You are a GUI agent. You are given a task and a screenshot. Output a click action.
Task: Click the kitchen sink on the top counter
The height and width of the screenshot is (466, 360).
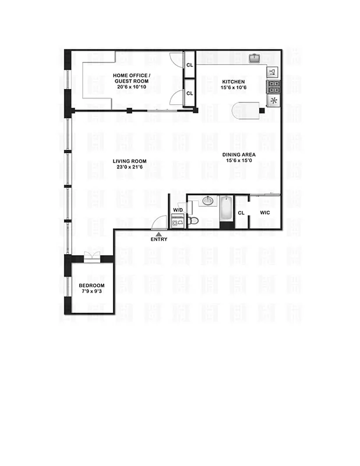click(255, 58)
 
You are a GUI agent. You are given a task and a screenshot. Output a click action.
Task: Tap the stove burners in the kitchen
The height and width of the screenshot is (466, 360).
click(273, 87)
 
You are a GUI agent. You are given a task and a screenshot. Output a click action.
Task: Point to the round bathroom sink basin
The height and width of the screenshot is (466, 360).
click(207, 202)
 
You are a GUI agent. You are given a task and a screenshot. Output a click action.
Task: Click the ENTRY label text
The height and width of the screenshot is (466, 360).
click(159, 239)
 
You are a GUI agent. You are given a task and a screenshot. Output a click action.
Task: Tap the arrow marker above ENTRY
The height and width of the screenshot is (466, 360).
click(159, 233)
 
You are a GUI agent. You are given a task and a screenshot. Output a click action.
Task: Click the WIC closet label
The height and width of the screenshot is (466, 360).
click(265, 213)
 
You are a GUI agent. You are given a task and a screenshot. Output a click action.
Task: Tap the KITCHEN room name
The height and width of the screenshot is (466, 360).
click(232, 82)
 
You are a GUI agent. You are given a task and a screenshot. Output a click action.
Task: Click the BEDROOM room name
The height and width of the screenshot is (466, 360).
click(91, 285)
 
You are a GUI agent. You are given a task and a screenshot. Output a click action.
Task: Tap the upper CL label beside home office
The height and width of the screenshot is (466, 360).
click(189, 65)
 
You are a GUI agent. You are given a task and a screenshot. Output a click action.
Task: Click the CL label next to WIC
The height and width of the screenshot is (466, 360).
click(241, 213)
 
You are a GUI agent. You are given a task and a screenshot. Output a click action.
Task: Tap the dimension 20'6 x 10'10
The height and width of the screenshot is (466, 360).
click(132, 87)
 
